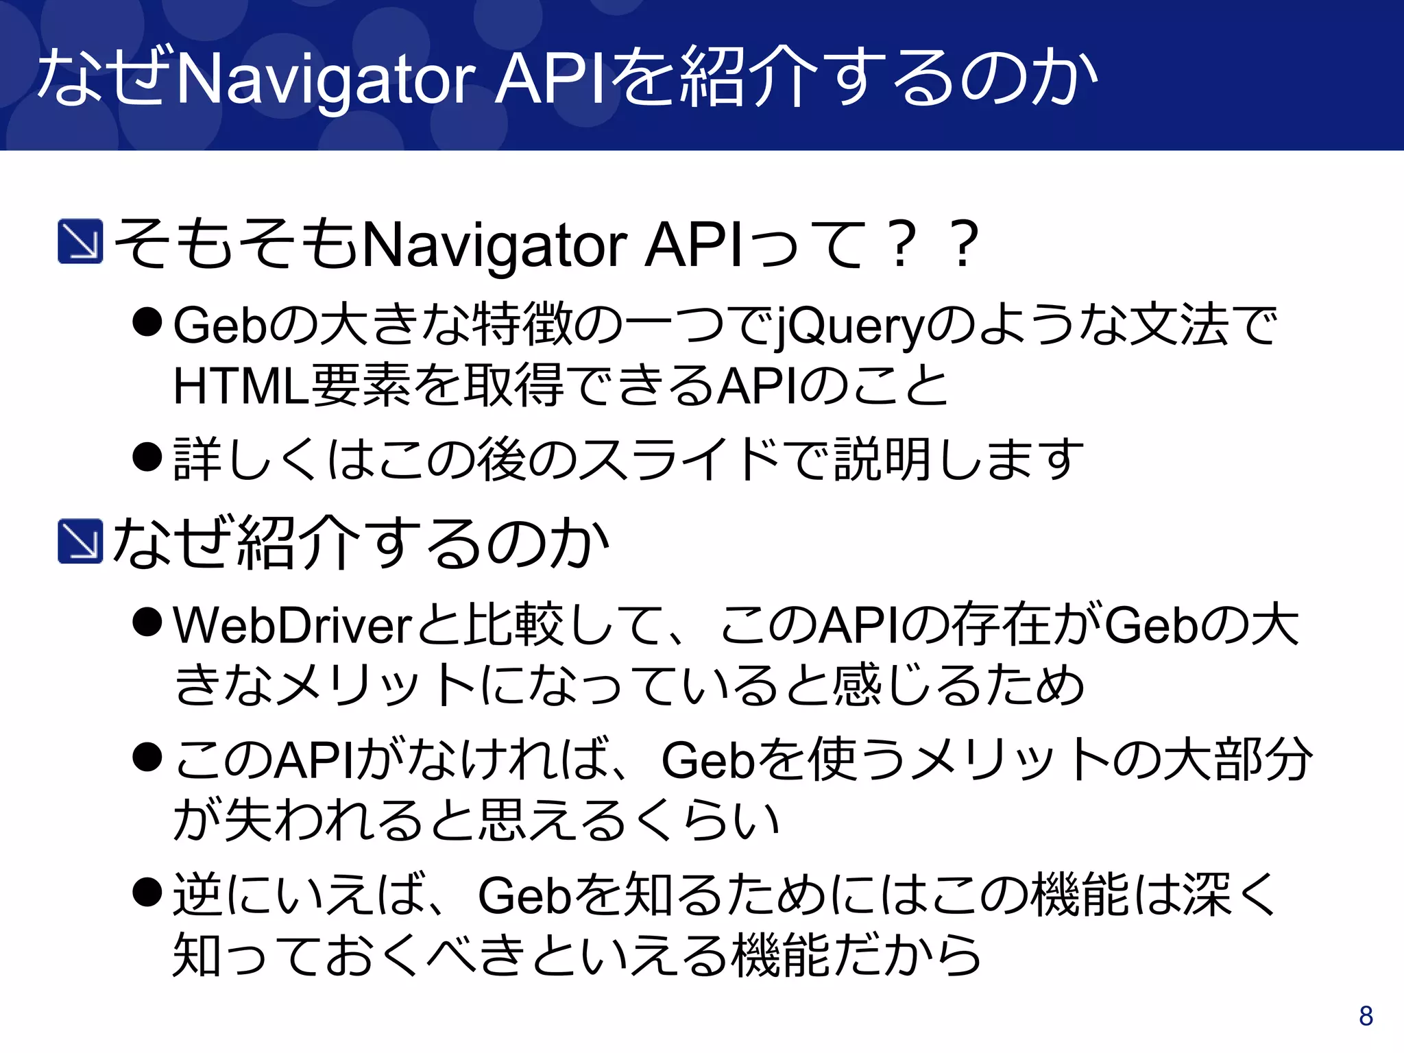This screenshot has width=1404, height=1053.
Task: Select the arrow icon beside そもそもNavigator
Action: point(81,241)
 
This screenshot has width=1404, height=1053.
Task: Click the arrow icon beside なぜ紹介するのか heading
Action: point(81,542)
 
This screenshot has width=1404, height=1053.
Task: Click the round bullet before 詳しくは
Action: point(147,457)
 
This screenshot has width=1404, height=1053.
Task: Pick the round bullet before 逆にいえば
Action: point(147,893)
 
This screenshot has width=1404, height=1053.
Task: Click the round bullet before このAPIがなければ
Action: point(147,758)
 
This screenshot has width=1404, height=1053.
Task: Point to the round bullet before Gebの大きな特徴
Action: point(147,322)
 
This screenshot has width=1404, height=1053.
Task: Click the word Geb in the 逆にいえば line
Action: point(525,896)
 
